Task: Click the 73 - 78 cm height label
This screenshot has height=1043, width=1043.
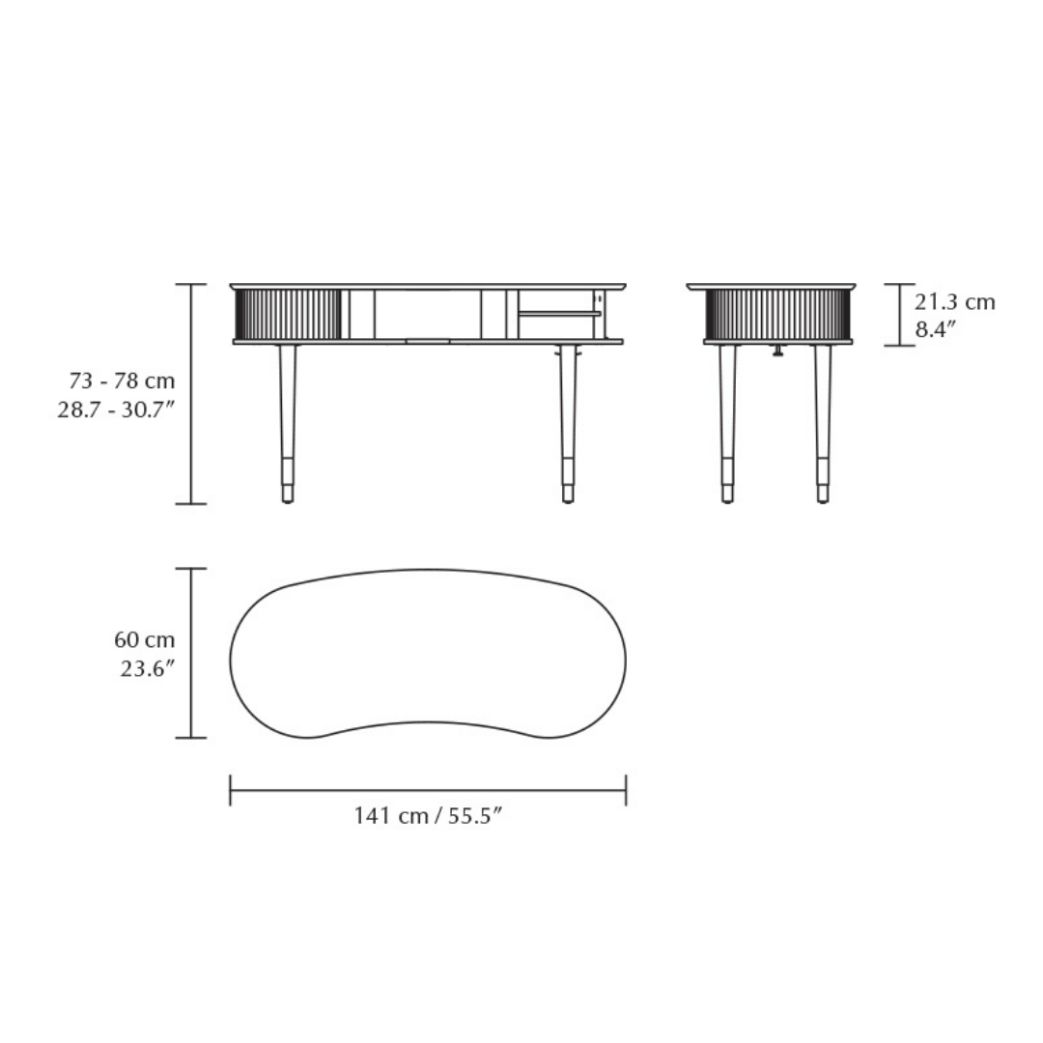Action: pyautogui.click(x=122, y=381)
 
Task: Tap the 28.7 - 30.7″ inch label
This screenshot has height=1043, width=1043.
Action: pyautogui.click(x=116, y=409)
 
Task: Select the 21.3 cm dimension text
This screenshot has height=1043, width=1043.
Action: pyautogui.click(x=954, y=302)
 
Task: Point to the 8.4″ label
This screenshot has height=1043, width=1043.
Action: pyautogui.click(x=935, y=329)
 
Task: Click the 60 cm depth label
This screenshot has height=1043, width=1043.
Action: pyautogui.click(x=144, y=640)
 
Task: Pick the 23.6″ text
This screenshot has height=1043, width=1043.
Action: pyautogui.click(x=148, y=668)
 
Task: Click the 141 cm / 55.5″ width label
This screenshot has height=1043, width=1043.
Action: pyautogui.click(x=427, y=815)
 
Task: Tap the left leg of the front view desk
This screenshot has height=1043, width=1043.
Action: pyautogui.click(x=288, y=424)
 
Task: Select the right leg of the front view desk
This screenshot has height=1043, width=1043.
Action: pyautogui.click(x=568, y=424)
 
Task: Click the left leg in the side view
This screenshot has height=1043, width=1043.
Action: pyautogui.click(x=727, y=424)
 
